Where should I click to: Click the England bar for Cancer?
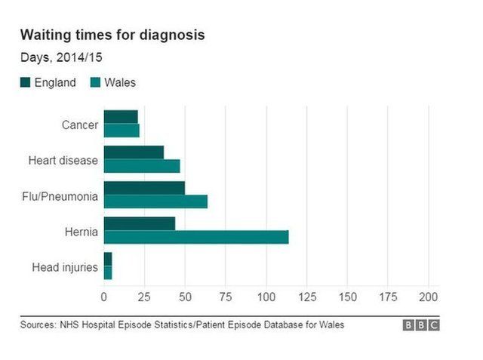[121, 117]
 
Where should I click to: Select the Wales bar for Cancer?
[122, 131]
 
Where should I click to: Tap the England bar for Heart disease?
[134, 152]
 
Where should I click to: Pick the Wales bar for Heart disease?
[142, 166]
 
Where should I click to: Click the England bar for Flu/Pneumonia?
[144, 188]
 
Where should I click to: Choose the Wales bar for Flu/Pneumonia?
[155, 202]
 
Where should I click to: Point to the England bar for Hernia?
[140, 223]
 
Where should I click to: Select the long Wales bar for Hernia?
[196, 237]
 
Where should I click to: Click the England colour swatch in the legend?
[25, 82]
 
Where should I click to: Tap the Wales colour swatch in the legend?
[96, 82]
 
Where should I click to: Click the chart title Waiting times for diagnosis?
[112, 35]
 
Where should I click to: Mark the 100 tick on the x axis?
[266, 297]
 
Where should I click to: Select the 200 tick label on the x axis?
[429, 297]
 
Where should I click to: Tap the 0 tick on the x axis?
[104, 297]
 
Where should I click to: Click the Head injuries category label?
[65, 266]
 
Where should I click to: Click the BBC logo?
[420, 325]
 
